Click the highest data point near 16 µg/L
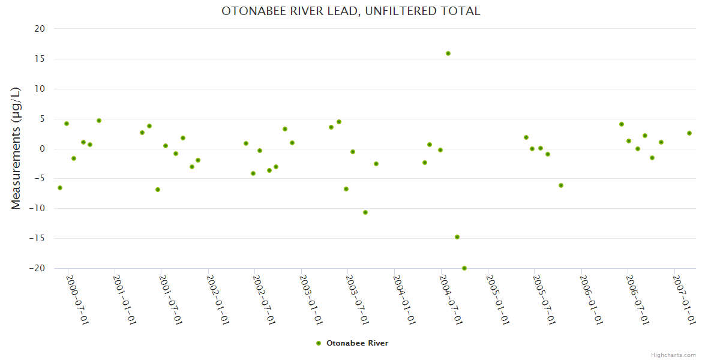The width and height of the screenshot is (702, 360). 448,53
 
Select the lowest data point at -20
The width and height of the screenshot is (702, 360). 464,268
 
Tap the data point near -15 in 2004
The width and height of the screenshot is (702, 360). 457,237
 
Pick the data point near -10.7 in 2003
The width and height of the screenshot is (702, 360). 365,212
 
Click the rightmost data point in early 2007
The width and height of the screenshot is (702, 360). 689,133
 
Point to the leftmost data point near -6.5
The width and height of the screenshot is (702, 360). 60,188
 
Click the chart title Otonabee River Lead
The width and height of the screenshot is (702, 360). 351,11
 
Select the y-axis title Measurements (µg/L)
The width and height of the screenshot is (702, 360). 16,148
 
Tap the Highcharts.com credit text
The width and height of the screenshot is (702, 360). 673,355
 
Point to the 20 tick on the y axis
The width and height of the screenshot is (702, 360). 40,29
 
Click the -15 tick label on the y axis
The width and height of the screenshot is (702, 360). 37,239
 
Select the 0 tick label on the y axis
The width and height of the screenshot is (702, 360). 43,149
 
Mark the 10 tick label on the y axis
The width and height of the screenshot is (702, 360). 40,89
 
